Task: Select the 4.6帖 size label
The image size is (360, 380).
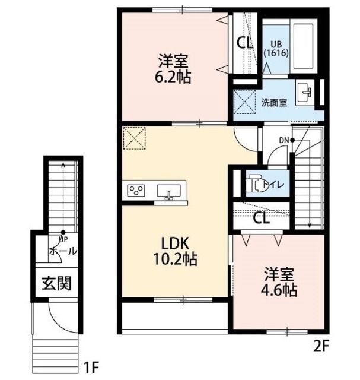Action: point(280,290)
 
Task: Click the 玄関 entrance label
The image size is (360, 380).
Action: point(56,283)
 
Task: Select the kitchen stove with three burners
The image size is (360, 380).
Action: point(136,191)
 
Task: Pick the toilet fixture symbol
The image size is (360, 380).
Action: point(256,183)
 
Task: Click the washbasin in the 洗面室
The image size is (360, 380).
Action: point(306,92)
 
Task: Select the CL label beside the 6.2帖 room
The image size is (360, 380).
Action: point(244,43)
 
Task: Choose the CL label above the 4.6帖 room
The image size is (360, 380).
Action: point(260,217)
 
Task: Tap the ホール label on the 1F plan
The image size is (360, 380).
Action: point(62,251)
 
